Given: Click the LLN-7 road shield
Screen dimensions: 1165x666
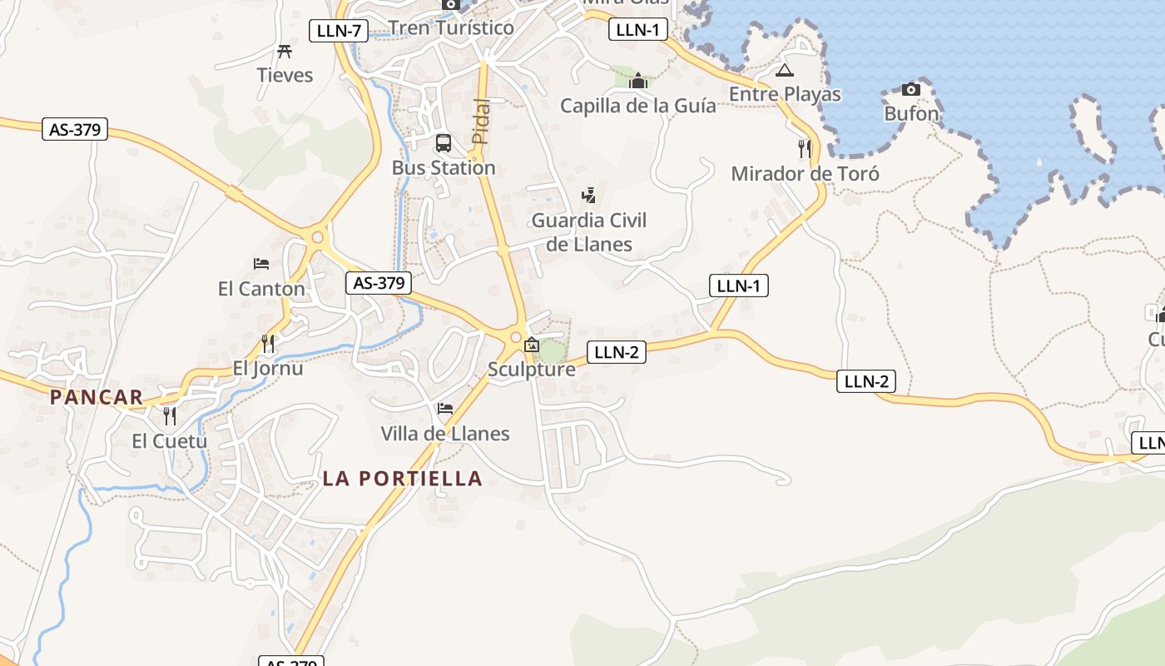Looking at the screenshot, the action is [x=339, y=32].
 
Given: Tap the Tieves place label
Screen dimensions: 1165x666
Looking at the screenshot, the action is [x=285, y=75].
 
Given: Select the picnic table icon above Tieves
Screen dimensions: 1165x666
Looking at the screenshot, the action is [x=285, y=52].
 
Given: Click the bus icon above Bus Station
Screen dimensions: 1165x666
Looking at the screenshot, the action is [x=444, y=143].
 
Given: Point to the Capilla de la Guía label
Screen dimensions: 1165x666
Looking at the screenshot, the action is [x=637, y=106].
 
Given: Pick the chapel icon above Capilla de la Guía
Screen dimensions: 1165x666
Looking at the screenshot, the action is [x=638, y=81].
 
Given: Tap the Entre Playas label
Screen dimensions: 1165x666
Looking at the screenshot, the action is [x=785, y=94].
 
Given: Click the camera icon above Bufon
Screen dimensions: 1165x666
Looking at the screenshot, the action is [x=911, y=89].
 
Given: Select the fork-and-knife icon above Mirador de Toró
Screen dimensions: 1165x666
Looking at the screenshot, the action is [x=804, y=149].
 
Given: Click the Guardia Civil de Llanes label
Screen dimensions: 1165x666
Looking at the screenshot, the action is [x=589, y=232].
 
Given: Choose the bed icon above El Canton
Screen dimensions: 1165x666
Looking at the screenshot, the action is [x=261, y=264].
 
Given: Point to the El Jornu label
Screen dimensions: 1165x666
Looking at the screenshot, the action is [x=268, y=368].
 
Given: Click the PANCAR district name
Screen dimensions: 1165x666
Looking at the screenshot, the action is [x=97, y=397].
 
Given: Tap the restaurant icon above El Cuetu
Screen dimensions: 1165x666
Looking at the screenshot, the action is [x=170, y=415].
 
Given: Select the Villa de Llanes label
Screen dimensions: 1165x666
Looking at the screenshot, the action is [x=445, y=434].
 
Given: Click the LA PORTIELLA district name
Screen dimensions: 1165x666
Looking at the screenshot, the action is [x=403, y=478].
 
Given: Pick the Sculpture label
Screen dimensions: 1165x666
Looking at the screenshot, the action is [x=532, y=369].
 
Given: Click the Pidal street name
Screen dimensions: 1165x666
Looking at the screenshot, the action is [x=481, y=122].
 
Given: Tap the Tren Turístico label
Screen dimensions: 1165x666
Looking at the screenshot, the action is [x=451, y=27].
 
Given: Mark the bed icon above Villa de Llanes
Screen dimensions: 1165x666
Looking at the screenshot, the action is [x=445, y=409].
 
